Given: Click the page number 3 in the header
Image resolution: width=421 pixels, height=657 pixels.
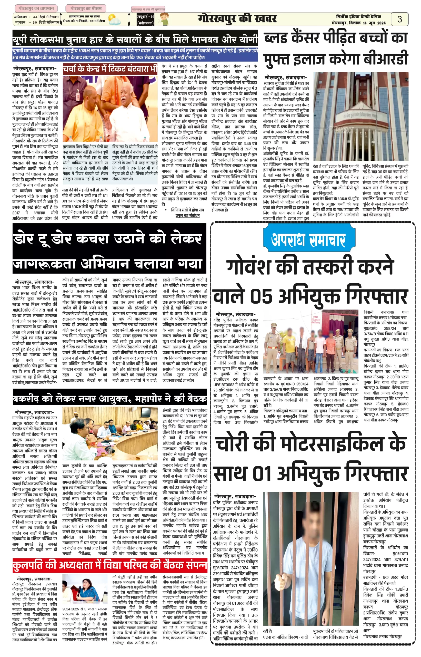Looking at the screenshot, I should point(399,19).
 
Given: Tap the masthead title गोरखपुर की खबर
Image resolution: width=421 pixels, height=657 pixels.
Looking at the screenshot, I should point(237,19).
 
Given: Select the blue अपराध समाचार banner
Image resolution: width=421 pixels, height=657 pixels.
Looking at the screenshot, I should point(308,239).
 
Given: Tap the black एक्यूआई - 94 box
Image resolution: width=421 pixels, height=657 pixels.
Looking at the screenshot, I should point(145,20).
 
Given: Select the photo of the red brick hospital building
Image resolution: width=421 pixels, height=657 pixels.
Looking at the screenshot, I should point(360,116).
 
